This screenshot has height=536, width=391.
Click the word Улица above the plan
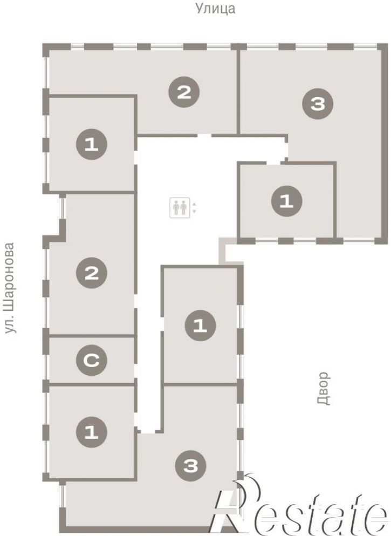[x=215, y=8]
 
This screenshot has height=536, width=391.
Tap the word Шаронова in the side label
[x=10, y=276]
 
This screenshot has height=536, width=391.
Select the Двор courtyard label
[x=324, y=388]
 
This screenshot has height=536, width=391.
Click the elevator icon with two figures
[x=180, y=207]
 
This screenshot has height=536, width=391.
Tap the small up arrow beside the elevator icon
[x=194, y=204]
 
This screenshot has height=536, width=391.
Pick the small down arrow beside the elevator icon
[x=194, y=211]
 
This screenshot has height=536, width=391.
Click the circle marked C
[x=92, y=360]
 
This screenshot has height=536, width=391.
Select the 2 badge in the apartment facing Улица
[x=184, y=92]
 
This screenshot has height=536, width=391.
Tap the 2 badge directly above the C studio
[x=92, y=273]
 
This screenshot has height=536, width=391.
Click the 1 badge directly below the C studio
[x=92, y=432]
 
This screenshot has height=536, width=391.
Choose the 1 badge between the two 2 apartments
[x=92, y=144]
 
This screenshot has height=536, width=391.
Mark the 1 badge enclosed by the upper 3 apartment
[x=286, y=201]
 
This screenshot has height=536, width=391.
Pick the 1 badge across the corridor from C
[x=200, y=326]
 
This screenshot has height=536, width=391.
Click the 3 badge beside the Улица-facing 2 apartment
[x=318, y=104]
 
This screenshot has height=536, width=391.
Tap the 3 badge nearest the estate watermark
[x=190, y=465]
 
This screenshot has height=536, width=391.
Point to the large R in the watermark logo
[x=236, y=504]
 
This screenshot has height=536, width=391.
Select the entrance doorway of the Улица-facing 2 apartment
[x=204, y=135]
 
